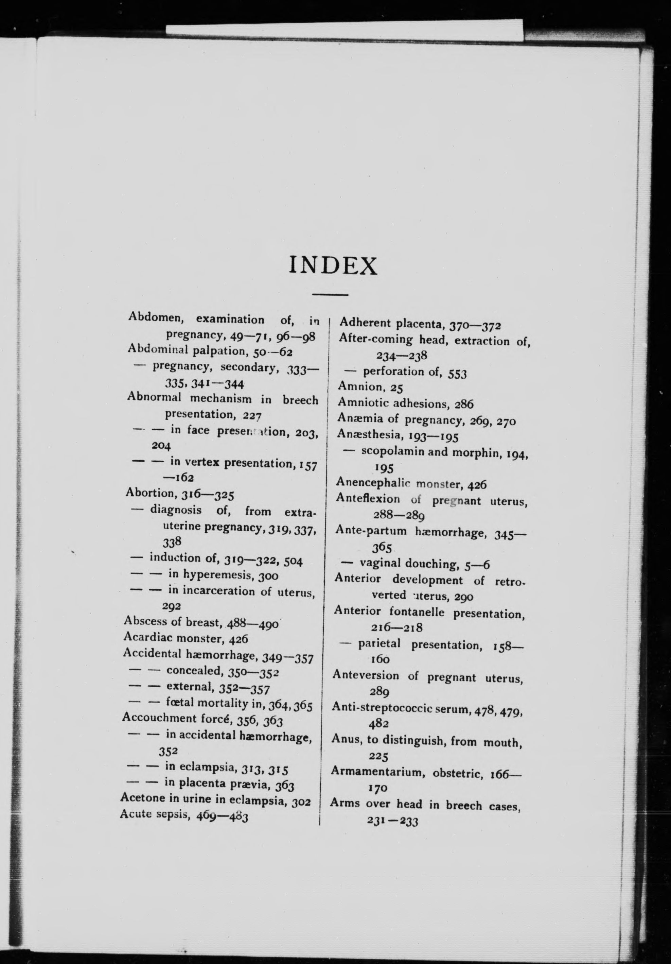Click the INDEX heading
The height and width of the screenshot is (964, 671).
(334, 265)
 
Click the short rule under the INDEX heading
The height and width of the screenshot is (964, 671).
(331, 294)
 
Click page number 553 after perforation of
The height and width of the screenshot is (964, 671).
(457, 373)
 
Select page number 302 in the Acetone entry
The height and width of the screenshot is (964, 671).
(301, 802)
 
